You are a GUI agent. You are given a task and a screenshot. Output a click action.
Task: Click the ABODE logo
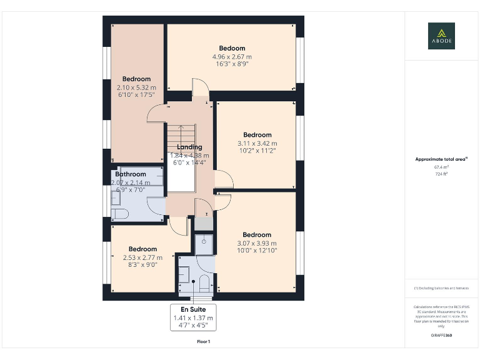coord(441,36)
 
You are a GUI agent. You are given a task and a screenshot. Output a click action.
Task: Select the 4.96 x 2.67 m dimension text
coord(232,57)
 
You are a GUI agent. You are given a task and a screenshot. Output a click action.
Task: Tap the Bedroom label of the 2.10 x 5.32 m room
coord(136,79)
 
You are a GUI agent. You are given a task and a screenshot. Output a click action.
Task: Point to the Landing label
coord(189,147)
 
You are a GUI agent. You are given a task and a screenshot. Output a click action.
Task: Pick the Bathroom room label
coord(130,174)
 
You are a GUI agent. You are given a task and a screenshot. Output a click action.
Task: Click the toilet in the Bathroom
coord(120,214)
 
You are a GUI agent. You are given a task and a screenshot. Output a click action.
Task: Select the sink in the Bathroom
coord(116,197)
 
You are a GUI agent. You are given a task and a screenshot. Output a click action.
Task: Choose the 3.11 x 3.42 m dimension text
coord(257,144)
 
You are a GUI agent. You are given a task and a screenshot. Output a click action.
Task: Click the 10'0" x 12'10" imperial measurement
coord(257,251)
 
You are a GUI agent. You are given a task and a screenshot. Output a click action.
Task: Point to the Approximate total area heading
coord(441,159)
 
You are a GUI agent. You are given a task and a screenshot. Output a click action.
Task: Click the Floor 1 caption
coord(204,342)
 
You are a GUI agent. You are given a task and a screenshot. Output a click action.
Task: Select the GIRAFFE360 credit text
coord(441,336)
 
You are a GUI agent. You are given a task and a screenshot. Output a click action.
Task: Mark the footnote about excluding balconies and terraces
coord(441,287)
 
